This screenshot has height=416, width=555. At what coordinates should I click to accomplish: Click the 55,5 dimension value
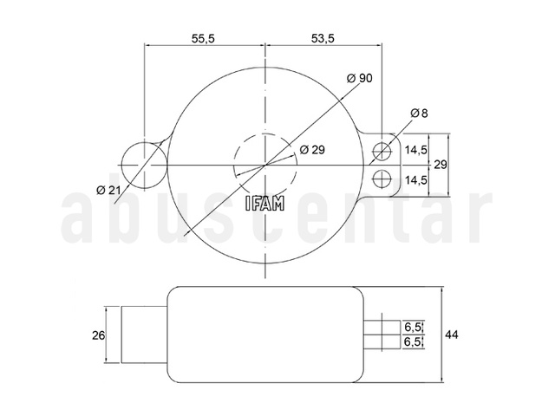click(203, 38)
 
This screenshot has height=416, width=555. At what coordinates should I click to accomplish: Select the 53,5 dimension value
click(323, 38)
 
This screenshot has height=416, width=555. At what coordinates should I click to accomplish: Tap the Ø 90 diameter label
click(360, 78)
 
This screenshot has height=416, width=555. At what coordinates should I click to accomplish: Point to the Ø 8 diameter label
click(419, 114)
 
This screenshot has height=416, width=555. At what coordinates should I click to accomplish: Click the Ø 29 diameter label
click(312, 150)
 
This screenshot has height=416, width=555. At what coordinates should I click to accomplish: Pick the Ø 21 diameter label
click(108, 191)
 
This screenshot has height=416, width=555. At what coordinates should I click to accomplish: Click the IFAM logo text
click(264, 204)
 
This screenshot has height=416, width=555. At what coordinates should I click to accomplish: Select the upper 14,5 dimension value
click(416, 150)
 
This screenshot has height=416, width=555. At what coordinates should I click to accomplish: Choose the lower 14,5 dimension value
click(416, 180)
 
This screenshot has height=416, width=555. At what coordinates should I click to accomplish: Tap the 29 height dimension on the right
click(441, 165)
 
